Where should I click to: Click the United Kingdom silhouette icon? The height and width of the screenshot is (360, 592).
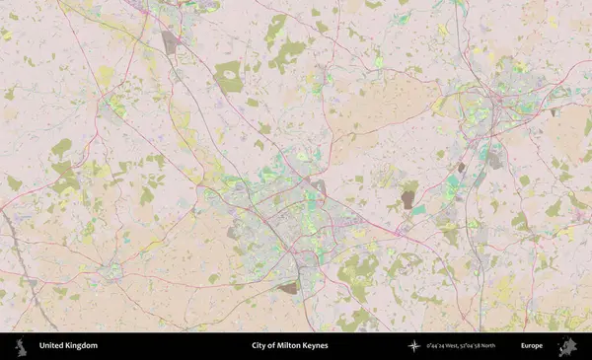[19, 345]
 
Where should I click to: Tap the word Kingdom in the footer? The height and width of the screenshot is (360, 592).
[82, 346]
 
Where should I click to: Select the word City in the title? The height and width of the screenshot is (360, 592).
[259, 346]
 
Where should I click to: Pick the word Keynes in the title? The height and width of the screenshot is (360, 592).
[316, 346]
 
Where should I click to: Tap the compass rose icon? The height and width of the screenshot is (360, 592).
[414, 346]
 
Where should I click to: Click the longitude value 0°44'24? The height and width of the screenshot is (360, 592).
[434, 346]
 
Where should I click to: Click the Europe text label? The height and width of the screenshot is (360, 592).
[532, 346]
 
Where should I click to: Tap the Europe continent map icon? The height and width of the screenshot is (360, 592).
[566, 346]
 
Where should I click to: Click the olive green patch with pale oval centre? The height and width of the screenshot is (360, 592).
[229, 76]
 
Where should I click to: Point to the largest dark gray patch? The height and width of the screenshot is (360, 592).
[171, 41]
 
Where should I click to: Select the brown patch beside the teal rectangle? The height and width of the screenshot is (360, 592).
[407, 200]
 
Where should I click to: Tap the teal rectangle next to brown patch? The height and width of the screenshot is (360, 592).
[419, 210]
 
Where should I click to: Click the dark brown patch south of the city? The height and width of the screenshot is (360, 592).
[288, 288]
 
